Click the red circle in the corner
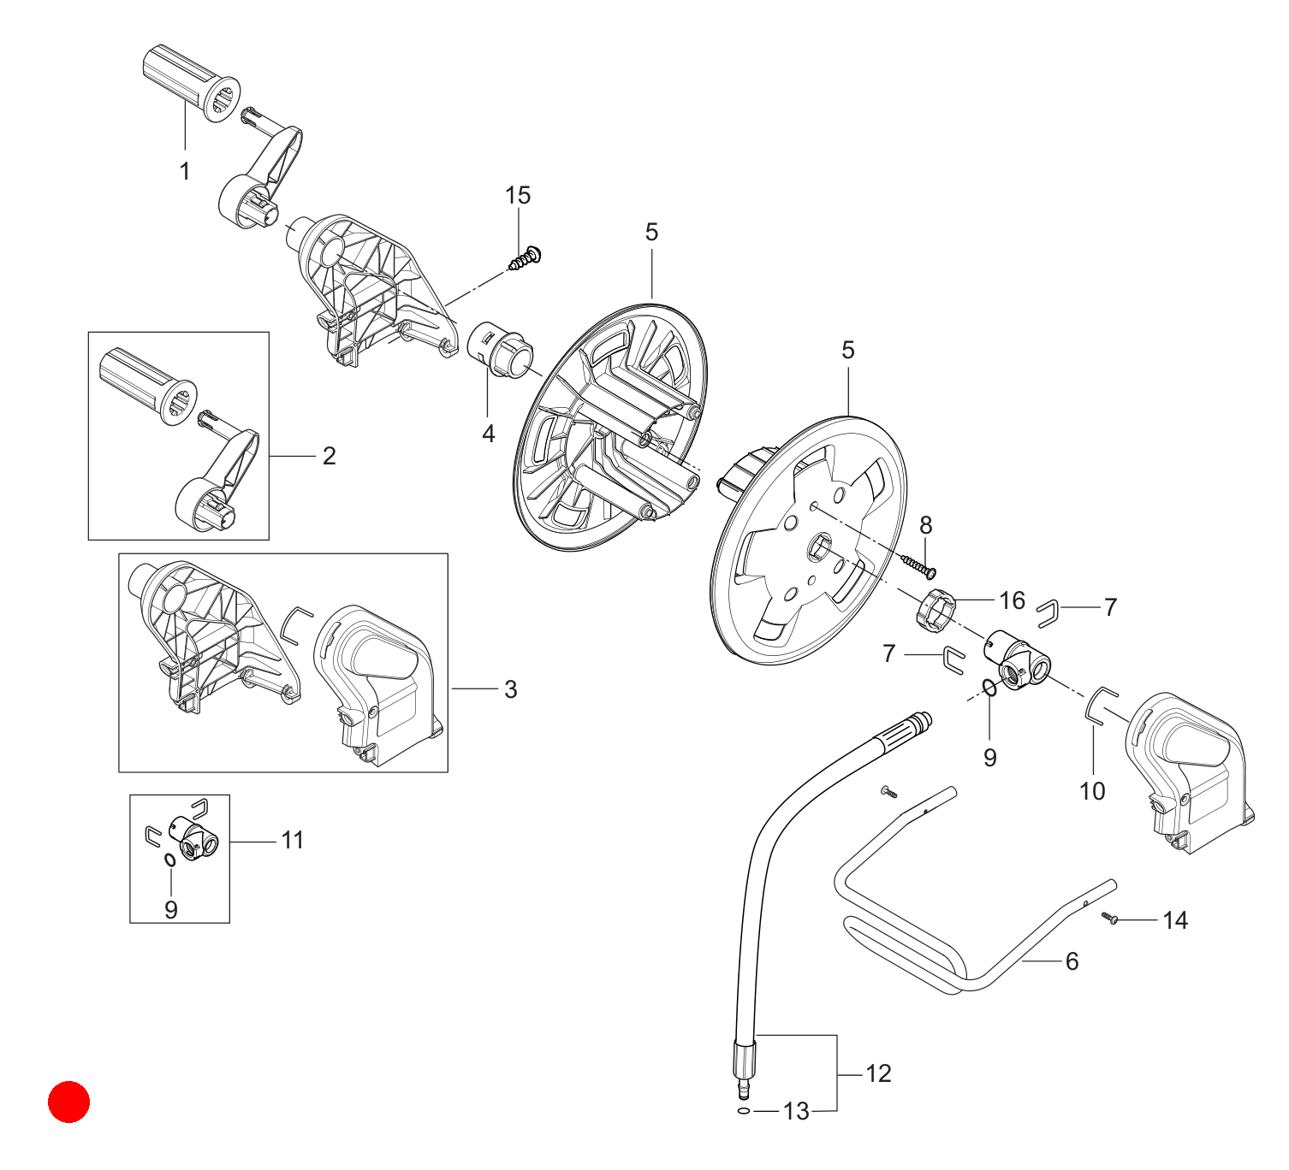pyautogui.click(x=68, y=1102)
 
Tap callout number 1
pyautogui.click(x=185, y=171)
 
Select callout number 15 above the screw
pyautogui.click(x=518, y=195)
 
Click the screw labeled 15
pyautogui.click(x=525, y=258)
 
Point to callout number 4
pyautogui.click(x=489, y=434)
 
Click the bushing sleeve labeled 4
pyautogui.click(x=500, y=351)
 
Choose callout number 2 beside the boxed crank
pyautogui.click(x=329, y=456)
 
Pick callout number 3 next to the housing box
pyautogui.click(x=511, y=689)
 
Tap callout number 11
pyautogui.click(x=293, y=840)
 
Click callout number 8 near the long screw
pyautogui.click(x=925, y=525)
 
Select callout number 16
pyautogui.click(x=1012, y=600)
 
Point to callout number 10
pyautogui.click(x=1092, y=791)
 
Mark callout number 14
pyautogui.click(x=1175, y=920)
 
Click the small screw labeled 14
pyautogui.click(x=1110, y=919)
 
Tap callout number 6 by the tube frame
pyautogui.click(x=1072, y=961)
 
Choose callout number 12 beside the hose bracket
pyautogui.click(x=878, y=1073)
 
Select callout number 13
pyautogui.click(x=796, y=1112)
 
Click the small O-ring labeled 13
pyautogui.click(x=744, y=1111)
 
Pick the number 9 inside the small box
pyautogui.click(x=171, y=909)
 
